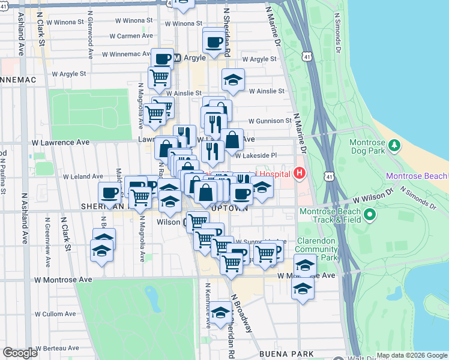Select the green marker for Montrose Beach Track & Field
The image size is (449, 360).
tap(370, 214)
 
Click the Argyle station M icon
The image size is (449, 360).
tap(177, 59)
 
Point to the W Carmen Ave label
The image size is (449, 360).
tap(131, 36)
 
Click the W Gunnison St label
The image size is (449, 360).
tap(270, 121)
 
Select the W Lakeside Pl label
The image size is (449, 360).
tap(255, 155)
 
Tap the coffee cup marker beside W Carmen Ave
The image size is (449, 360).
tap(214, 42)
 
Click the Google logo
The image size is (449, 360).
tap(20, 353)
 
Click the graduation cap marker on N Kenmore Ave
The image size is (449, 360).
tap(220, 313)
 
